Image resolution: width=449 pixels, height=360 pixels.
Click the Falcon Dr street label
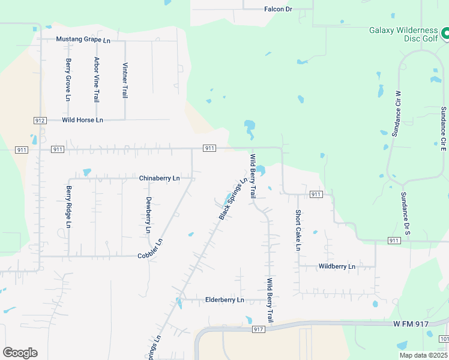[x=277, y=9]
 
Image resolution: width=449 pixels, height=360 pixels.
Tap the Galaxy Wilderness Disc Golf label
[x=403, y=35]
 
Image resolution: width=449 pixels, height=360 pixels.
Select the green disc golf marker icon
[x=445, y=34]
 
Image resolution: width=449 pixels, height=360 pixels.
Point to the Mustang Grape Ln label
[x=83, y=40]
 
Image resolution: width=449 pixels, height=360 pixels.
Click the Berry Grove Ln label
[x=68, y=79]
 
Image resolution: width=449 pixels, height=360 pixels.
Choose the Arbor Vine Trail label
[x=96, y=79]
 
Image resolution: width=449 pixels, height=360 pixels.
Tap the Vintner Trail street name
[x=125, y=80]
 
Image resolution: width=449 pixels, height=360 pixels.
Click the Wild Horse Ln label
[x=82, y=120]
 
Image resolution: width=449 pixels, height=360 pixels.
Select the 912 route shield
[x=40, y=121]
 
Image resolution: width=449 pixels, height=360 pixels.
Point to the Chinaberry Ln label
[x=159, y=178]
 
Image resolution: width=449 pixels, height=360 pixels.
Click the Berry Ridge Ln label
[x=68, y=207]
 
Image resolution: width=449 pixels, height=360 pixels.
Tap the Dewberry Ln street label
[x=148, y=214]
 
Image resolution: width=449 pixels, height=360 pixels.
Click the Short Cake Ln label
[x=298, y=230]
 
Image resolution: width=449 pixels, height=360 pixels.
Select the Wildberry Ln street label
[x=337, y=266]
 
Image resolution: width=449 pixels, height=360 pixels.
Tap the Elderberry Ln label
[x=224, y=299]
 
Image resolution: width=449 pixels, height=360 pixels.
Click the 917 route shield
[x=259, y=329]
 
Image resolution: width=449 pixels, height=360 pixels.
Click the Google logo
[x=20, y=353]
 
